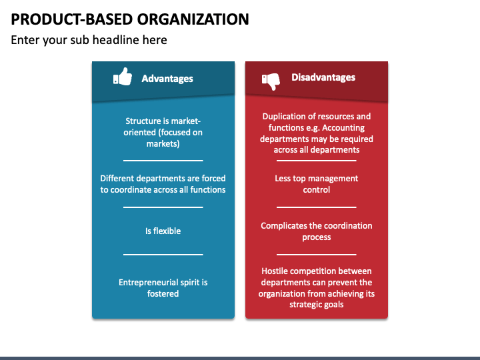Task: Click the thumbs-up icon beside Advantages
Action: point(123,77)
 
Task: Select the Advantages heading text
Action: point(167,79)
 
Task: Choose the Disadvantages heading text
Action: point(323,77)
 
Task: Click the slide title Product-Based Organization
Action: point(130,19)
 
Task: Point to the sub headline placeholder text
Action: point(89,40)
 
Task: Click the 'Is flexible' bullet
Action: point(163,231)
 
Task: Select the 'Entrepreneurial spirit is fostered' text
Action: point(163,287)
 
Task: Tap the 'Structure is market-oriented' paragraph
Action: point(163,132)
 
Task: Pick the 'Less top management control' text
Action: point(317,184)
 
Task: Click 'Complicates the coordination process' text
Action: point(317,231)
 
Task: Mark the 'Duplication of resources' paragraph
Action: point(317,133)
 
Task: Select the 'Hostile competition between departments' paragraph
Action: point(317,287)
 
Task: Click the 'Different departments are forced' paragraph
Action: point(163,184)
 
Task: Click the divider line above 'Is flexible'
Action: point(163,207)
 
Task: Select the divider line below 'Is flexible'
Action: point(163,254)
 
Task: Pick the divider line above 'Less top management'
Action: point(317,161)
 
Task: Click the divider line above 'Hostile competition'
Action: point(317,254)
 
